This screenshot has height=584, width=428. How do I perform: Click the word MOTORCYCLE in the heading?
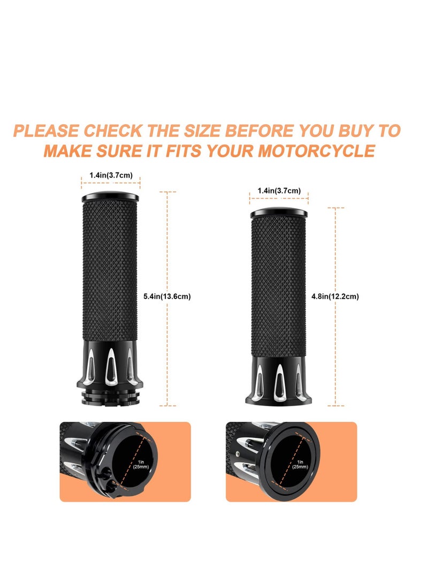[316, 150]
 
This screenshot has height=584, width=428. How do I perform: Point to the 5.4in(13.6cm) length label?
[167, 296]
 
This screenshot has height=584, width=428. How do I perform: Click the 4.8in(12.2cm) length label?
[335, 296]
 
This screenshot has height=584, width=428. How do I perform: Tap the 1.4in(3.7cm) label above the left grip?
[110, 175]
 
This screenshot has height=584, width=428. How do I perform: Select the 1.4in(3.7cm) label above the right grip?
[279, 191]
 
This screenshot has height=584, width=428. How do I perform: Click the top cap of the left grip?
[110, 197]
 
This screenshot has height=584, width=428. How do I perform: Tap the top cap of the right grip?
[279, 213]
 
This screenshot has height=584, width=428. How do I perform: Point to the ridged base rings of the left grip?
[110, 395]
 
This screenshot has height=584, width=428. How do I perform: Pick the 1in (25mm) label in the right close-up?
[300, 464]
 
